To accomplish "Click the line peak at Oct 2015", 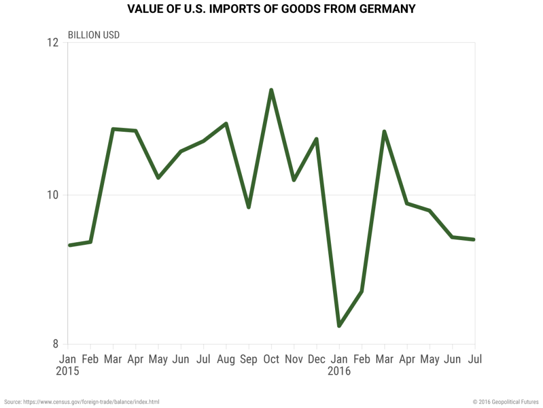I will (x=271, y=90).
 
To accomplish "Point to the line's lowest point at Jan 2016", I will (x=339, y=325).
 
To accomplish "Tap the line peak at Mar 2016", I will (x=384, y=132).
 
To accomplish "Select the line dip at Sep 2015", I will (x=249, y=207).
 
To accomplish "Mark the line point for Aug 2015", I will (x=226, y=124).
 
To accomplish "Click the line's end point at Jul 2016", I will (x=474, y=240).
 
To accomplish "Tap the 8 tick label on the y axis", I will (x=55, y=344).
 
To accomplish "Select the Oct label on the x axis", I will (x=271, y=360).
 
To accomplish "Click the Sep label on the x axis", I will (x=249, y=360).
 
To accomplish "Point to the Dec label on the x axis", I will (x=317, y=360).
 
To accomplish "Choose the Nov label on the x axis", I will (x=294, y=360).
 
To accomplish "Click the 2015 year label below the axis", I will (x=67, y=371).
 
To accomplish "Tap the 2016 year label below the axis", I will (x=339, y=371).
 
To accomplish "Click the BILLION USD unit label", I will (x=94, y=35).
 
